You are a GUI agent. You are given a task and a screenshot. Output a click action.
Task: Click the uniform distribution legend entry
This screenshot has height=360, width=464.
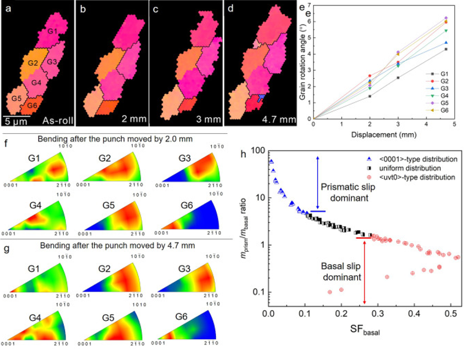(x=403, y=168)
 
